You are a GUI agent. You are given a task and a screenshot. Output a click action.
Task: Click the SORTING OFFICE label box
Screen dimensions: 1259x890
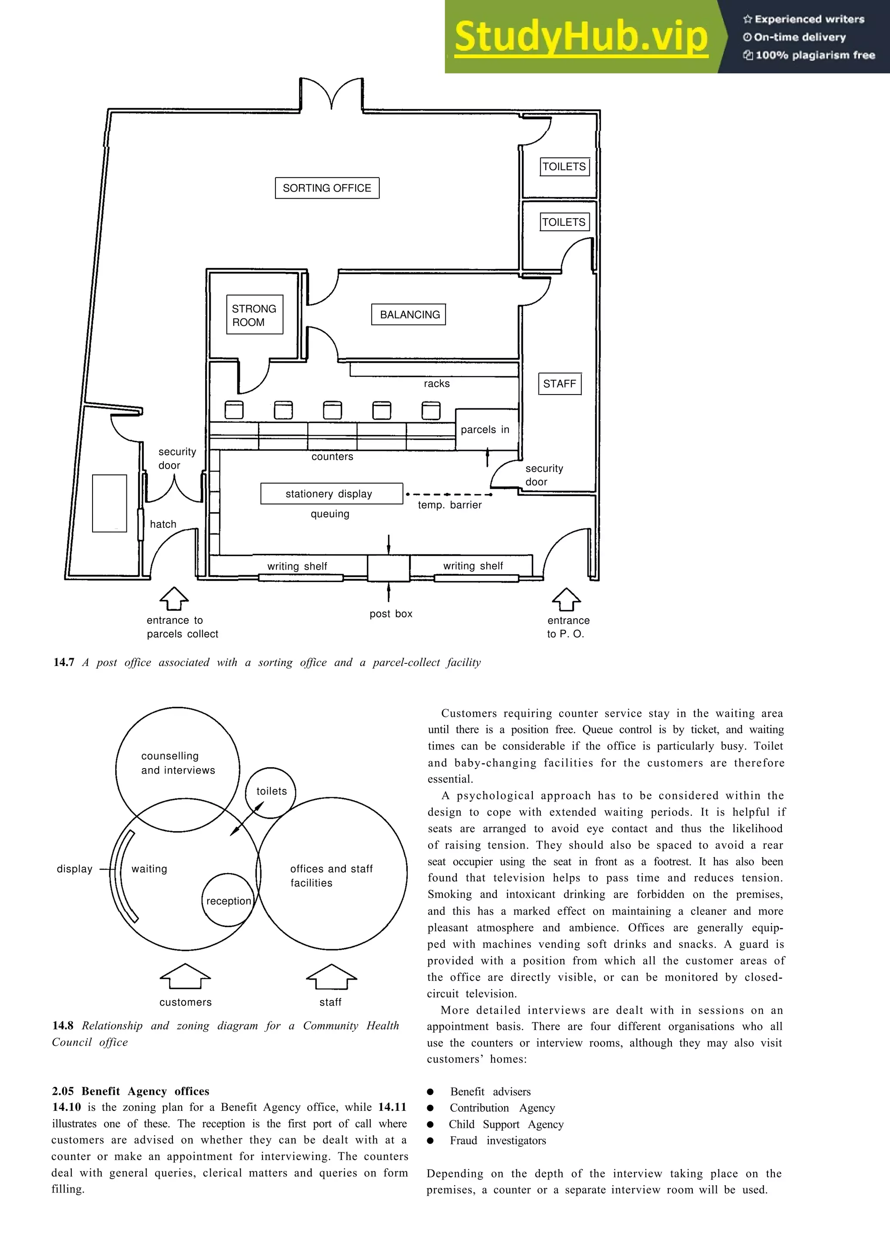tap(327, 188)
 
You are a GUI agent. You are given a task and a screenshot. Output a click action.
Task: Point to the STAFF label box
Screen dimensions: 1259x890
tap(559, 384)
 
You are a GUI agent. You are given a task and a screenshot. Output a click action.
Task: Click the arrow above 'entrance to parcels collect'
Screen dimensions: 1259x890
tap(174, 599)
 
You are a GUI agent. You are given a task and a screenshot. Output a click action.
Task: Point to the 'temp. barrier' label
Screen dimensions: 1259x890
tap(450, 505)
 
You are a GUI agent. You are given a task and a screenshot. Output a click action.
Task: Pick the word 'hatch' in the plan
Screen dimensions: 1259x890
tap(163, 524)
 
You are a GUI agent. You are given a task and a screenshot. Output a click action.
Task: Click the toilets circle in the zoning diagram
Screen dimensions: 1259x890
tap(271, 792)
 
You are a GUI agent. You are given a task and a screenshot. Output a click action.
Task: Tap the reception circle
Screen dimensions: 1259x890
tap(228, 901)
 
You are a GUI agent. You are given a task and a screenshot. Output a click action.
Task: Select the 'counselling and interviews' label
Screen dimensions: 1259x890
tap(178, 763)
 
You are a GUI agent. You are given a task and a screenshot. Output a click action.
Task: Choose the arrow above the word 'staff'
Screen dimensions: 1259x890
tap(331, 977)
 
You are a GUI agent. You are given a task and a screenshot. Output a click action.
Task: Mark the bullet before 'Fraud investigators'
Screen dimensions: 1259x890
tap(431, 1140)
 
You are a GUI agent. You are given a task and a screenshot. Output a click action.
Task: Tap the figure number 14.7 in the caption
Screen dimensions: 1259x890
tap(63, 663)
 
